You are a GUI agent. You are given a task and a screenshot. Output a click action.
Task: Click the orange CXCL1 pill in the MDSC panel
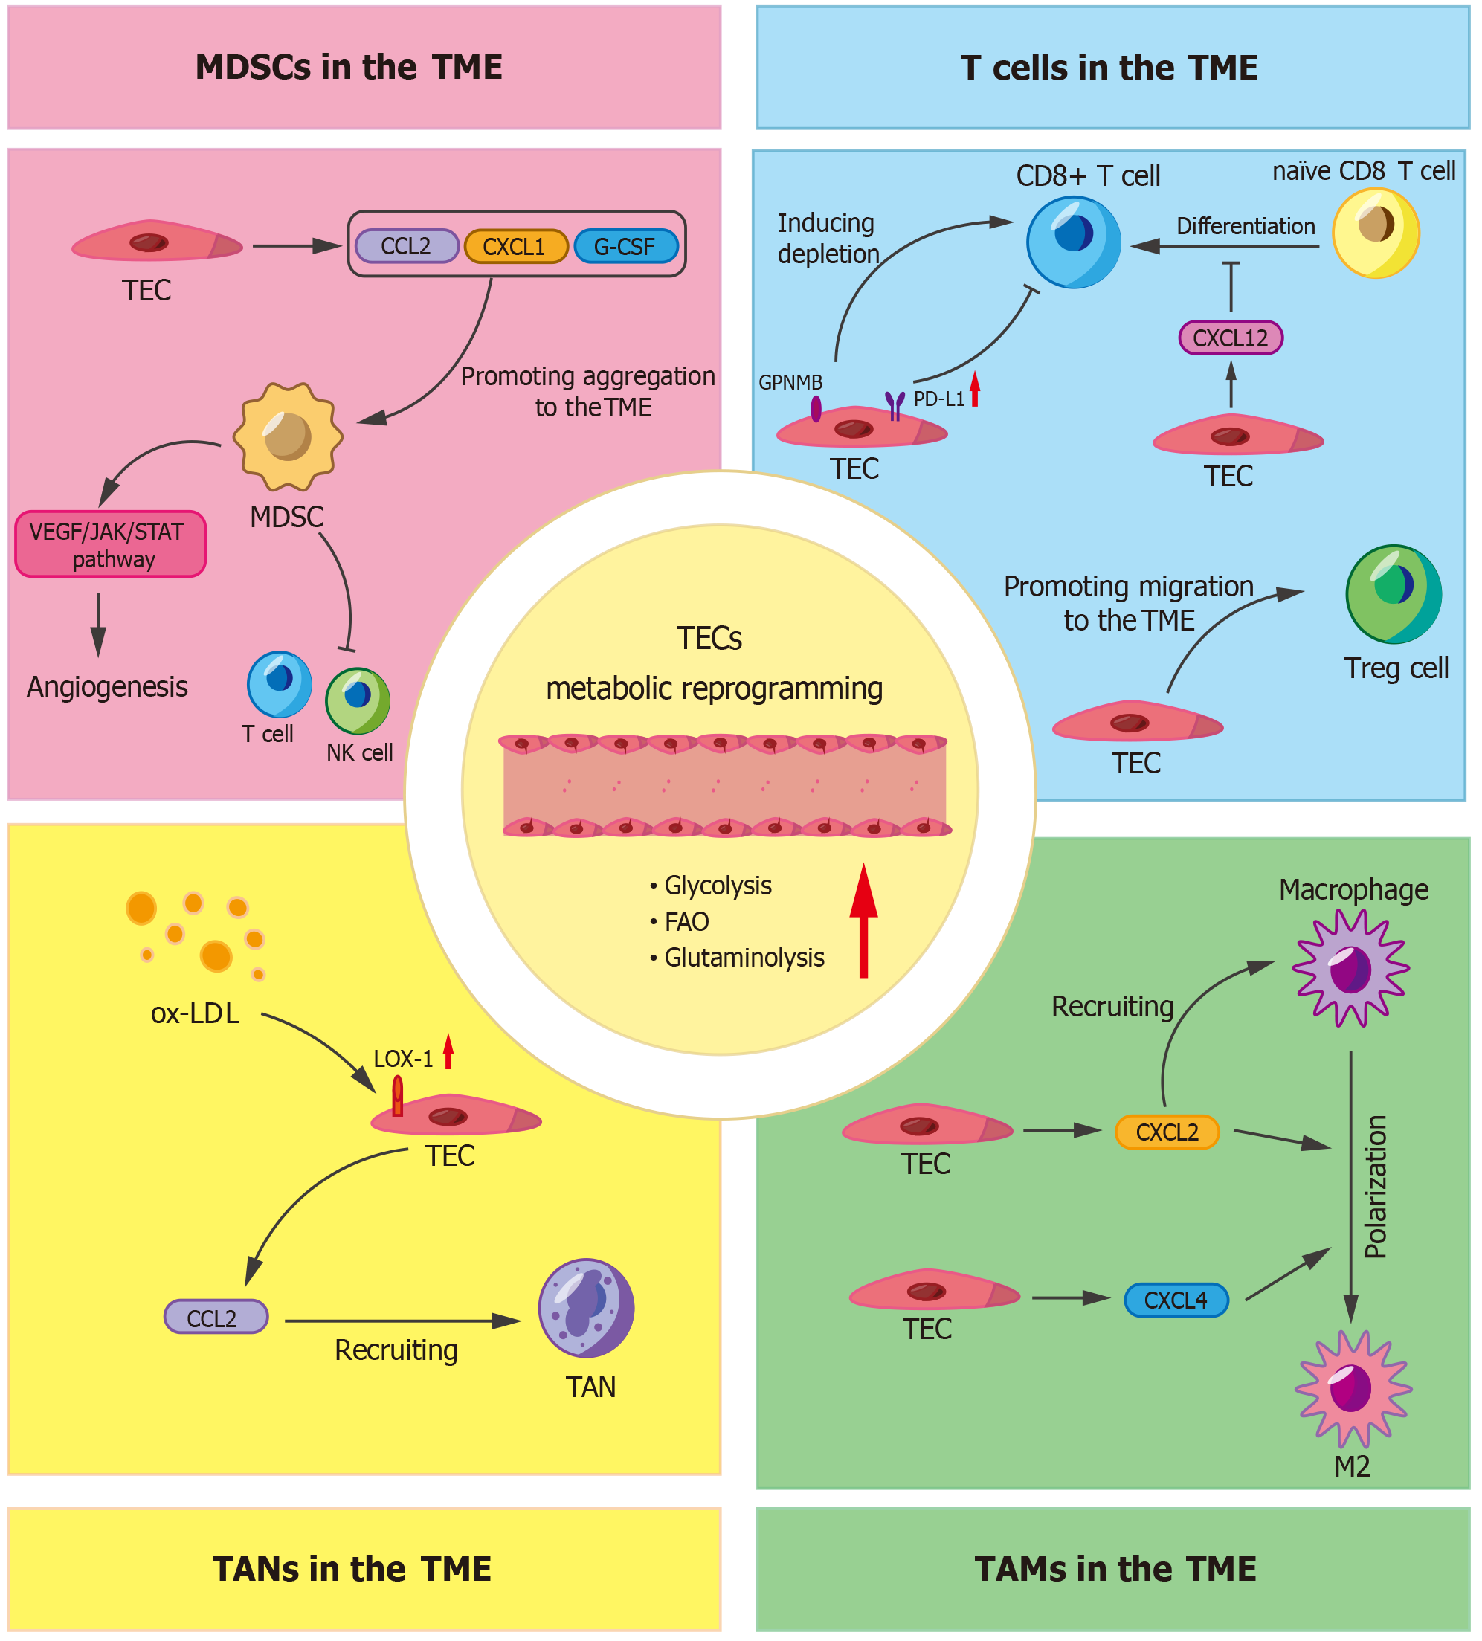(515, 246)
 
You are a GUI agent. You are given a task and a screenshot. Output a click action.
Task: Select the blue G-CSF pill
(625, 246)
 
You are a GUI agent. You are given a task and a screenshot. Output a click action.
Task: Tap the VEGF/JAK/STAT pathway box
(111, 544)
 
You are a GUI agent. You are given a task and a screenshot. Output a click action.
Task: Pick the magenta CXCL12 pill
(1230, 338)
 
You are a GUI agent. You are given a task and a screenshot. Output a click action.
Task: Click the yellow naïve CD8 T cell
(1376, 233)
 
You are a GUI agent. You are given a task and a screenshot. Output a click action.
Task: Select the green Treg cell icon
(1393, 594)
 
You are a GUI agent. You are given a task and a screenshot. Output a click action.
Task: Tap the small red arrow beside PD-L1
(974, 389)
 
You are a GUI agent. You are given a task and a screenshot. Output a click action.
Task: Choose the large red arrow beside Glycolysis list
(863, 920)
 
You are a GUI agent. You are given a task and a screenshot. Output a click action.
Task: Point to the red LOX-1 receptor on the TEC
(397, 1096)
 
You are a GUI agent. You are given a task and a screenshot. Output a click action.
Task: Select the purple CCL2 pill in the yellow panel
(216, 1316)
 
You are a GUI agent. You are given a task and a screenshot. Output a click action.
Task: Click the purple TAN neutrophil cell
(586, 1308)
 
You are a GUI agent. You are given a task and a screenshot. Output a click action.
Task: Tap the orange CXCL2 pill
(1166, 1132)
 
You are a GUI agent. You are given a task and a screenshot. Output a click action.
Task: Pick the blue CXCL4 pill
(1175, 1300)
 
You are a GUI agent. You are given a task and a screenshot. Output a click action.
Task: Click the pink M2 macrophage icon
(1352, 1389)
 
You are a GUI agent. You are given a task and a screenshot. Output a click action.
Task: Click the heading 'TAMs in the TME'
(1114, 1570)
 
